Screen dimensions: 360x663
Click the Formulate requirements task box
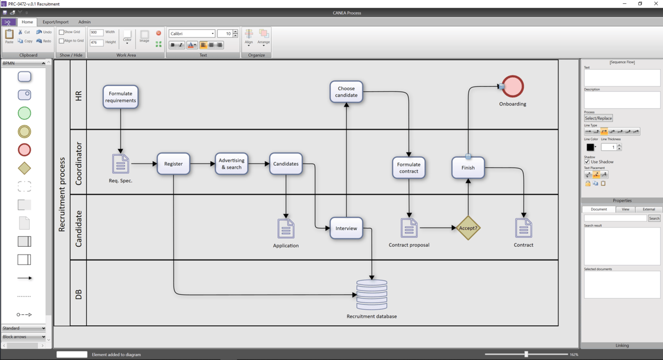(x=120, y=97)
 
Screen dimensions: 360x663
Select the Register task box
(x=173, y=163)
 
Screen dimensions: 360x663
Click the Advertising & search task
(x=231, y=163)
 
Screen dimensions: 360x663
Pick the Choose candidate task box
(x=346, y=92)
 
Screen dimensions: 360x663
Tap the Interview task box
(x=346, y=228)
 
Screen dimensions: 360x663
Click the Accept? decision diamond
(x=468, y=227)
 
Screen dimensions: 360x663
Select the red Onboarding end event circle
(x=513, y=87)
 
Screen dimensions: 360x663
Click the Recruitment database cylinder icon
(x=372, y=295)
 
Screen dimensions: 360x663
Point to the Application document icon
(x=286, y=229)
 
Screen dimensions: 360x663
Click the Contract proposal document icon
(x=409, y=228)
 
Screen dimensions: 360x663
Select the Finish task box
(x=468, y=167)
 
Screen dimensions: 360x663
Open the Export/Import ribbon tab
(x=56, y=22)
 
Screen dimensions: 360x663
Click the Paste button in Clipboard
(x=9, y=36)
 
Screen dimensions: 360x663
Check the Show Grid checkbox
(x=61, y=32)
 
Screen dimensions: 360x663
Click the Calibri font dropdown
(x=192, y=34)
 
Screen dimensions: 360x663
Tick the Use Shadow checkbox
(x=587, y=162)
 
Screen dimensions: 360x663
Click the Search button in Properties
(x=654, y=218)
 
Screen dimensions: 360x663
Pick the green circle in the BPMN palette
(x=24, y=113)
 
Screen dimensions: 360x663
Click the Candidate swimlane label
(x=78, y=228)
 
